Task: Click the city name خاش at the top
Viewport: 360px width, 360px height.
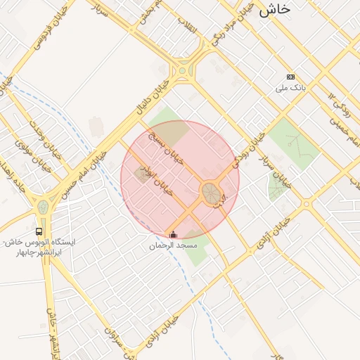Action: [x=275, y=9]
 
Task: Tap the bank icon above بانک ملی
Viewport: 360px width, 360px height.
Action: [x=290, y=77]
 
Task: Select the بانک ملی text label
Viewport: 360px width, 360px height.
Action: [x=290, y=89]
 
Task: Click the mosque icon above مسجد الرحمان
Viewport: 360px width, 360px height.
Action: [x=174, y=234]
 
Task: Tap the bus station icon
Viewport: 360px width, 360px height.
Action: [x=39, y=231]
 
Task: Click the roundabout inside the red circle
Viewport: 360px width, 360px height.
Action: [x=210, y=192]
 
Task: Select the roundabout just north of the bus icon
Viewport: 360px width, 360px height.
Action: [x=43, y=207]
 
